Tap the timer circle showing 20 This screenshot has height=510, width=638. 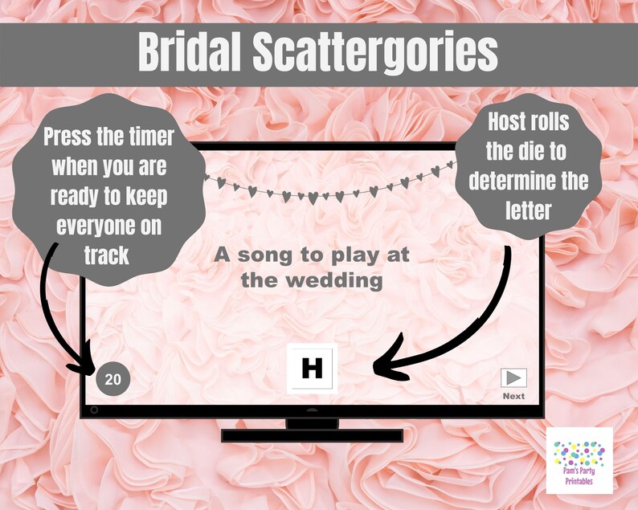pos(113,379)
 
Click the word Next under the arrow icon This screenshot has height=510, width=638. pos(513,396)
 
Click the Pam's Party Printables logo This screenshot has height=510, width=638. pos(579,460)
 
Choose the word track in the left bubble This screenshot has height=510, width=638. pos(108,255)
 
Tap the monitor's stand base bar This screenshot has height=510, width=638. pos(311,435)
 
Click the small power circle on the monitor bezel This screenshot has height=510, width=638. pos(95,410)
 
